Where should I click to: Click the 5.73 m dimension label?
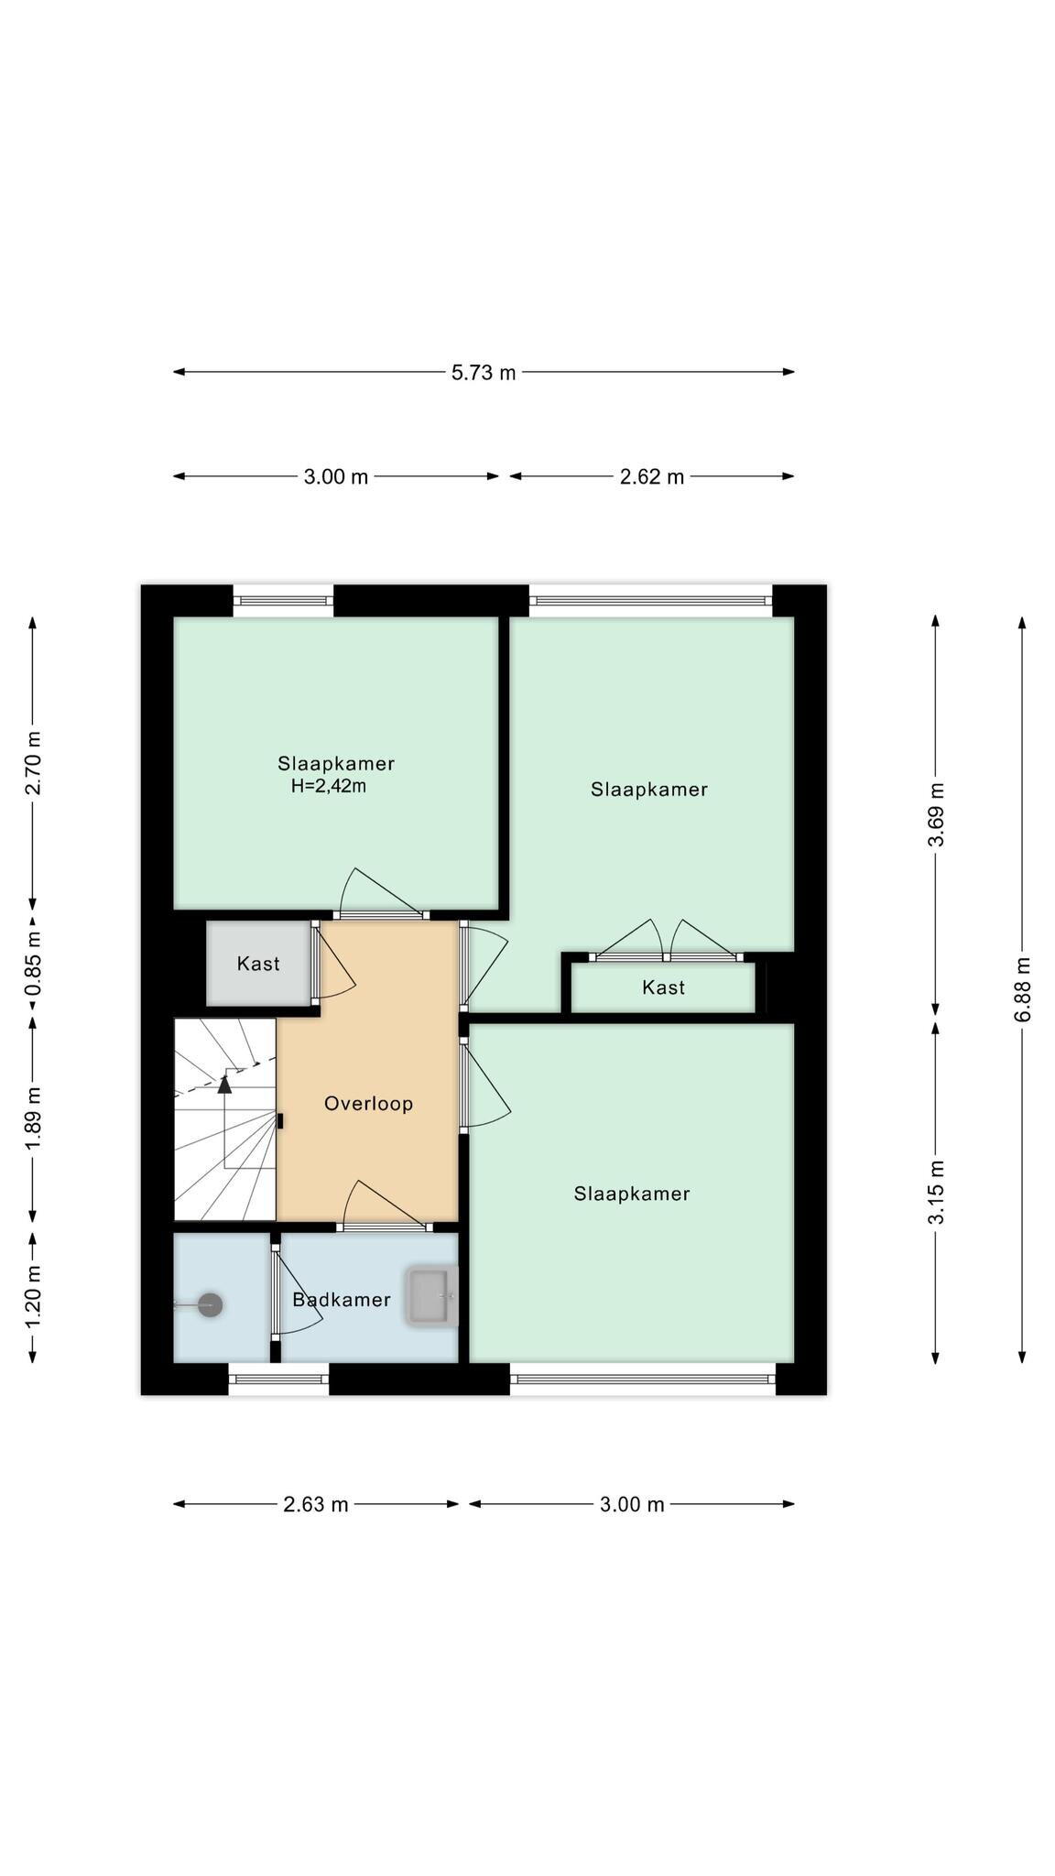point(484,372)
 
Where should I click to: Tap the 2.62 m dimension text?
point(652,476)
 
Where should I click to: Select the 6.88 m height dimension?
point(1023,989)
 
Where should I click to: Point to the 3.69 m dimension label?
point(937,815)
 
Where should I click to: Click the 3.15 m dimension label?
point(937,1192)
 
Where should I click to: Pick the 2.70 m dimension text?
point(34,762)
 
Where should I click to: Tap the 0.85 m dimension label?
point(34,964)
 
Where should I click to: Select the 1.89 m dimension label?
point(34,1118)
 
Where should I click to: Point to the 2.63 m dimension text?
point(316,1504)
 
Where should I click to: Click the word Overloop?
point(368,1104)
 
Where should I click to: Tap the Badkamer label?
point(342,1299)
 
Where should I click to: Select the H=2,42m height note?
point(329,786)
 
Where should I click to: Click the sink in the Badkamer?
point(432,1296)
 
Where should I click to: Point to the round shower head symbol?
point(211,1304)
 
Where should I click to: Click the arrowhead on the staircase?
point(224,1085)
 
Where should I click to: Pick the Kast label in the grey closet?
point(258,964)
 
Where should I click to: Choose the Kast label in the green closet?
point(663,987)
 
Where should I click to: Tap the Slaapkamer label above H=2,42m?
point(336,763)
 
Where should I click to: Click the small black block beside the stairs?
point(280,1120)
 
